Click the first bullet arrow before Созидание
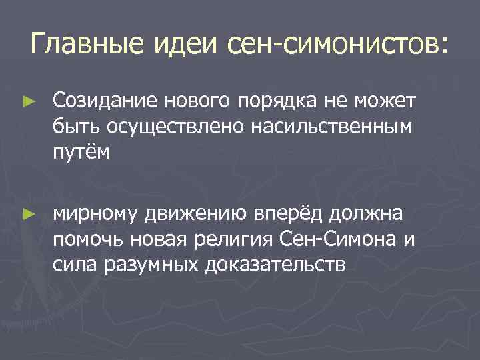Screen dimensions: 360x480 tap(27, 101)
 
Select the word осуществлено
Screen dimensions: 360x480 tap(169, 127)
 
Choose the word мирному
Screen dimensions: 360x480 tap(95, 213)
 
